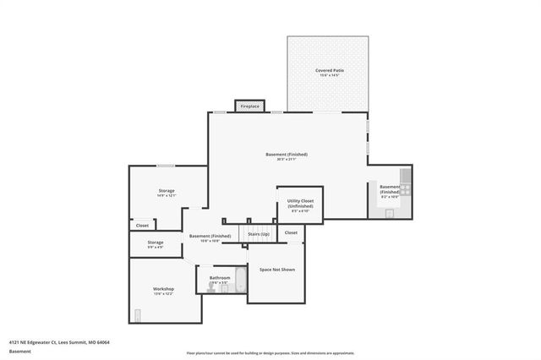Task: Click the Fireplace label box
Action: point(249,106)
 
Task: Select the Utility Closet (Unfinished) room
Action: point(300,204)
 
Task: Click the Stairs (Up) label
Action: point(259,233)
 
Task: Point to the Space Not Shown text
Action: point(276,270)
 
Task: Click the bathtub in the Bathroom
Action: point(238,282)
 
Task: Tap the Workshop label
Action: point(163,289)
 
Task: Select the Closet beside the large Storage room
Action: point(142,226)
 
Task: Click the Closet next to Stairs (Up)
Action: point(290,232)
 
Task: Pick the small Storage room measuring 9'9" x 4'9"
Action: point(155,244)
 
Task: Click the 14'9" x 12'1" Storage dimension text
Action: point(167,195)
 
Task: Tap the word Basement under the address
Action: point(19,350)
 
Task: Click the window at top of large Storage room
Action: point(166,166)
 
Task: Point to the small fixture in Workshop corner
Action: point(137,316)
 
